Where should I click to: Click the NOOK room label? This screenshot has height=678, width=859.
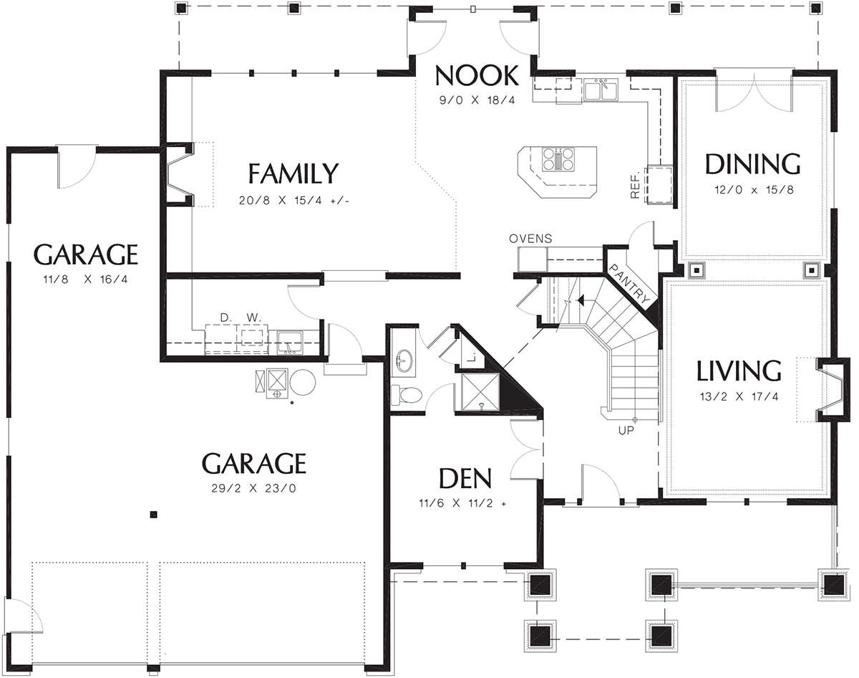tap(477, 75)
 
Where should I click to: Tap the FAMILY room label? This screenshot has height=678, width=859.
tap(293, 173)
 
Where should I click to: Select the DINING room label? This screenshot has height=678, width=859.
tap(753, 164)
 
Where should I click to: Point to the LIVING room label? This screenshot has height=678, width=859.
tap(739, 371)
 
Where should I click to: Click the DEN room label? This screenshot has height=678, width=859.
tap(465, 479)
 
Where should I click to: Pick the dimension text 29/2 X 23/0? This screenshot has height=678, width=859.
tap(254, 488)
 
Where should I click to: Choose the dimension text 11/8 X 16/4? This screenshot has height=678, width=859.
tap(85, 279)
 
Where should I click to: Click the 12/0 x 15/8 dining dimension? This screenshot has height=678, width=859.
tap(754, 189)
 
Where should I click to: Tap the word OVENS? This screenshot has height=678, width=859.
tap(530, 239)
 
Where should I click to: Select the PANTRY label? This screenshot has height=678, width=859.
tap(630, 284)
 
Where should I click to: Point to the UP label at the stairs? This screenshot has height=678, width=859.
tap(626, 431)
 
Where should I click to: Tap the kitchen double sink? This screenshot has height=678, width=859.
tap(601, 89)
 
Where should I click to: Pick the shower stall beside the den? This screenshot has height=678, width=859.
tap(480, 391)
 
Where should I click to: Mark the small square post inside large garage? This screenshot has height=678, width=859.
tap(154, 515)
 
